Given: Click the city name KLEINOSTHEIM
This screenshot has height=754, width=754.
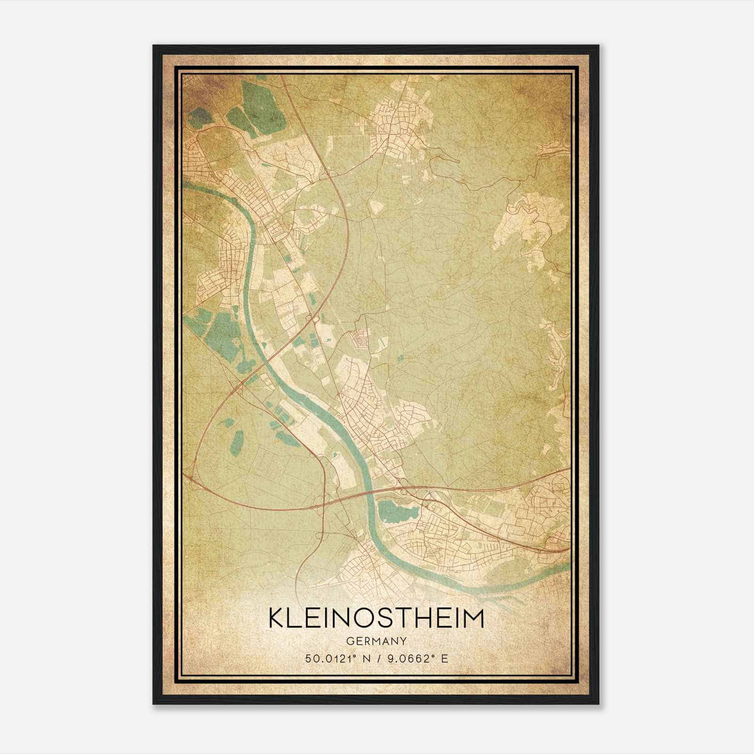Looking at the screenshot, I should [x=376, y=618].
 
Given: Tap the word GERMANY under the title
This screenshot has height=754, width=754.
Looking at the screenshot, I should [x=376, y=641].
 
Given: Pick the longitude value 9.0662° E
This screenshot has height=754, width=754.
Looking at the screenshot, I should [x=417, y=658].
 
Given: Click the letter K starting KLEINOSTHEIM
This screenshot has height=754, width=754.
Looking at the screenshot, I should [x=276, y=618].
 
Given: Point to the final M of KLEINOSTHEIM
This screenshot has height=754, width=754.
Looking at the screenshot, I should [x=474, y=618].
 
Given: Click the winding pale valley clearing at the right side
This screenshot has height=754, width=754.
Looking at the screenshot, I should [x=523, y=221].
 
